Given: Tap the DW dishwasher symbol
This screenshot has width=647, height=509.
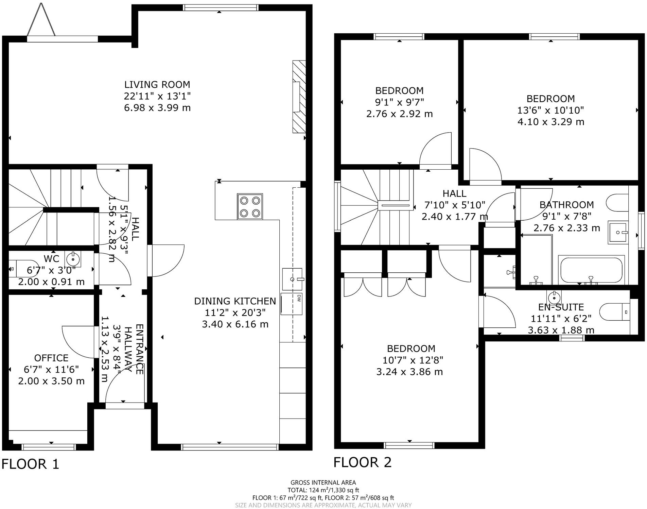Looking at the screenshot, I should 292,303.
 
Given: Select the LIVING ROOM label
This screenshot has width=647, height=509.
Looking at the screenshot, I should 157,84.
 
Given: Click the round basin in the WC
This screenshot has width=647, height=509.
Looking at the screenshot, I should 73,259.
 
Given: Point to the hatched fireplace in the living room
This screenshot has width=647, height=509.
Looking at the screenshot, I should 299,97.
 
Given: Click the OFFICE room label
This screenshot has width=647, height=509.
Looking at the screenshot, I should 51,358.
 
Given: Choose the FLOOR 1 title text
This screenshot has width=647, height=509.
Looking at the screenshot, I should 31,464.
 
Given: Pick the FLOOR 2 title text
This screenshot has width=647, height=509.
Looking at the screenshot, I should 362,462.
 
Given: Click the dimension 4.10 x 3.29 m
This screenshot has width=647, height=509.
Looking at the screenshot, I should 550,122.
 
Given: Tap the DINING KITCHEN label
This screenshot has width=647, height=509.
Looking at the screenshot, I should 235,301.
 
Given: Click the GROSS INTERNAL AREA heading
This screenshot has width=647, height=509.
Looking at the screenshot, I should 323,482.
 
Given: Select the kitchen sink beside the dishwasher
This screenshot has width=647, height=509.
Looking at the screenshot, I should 292,279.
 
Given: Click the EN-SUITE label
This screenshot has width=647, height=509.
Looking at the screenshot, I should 561,307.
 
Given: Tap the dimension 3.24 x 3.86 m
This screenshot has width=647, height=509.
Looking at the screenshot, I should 409,372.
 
